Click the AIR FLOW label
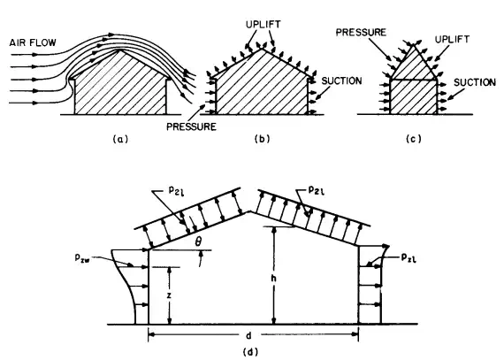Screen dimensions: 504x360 pyautogui.click(x=33, y=42)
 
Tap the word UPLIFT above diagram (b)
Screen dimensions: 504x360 pyautogui.click(x=263, y=25)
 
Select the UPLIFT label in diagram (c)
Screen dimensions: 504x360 pyautogui.click(x=452, y=39)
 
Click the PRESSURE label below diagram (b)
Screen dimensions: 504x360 pyautogui.click(x=191, y=126)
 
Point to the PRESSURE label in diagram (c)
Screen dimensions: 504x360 pyautogui.click(x=361, y=32)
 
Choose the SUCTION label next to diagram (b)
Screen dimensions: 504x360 pyautogui.click(x=341, y=80)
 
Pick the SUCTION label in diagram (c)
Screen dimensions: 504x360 pyautogui.click(x=475, y=82)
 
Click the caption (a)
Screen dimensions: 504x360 pyautogui.click(x=120, y=139)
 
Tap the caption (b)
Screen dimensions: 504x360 pyautogui.click(x=263, y=139)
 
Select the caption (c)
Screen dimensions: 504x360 pyautogui.click(x=414, y=139)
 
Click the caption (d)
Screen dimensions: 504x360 pyautogui.click(x=251, y=352)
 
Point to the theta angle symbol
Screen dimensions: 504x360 pyautogui.click(x=198, y=241)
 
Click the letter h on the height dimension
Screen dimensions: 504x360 pyautogui.click(x=273, y=278)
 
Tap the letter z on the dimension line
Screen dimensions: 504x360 pyautogui.click(x=169, y=295)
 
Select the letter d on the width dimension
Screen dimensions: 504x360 pyautogui.click(x=248, y=335)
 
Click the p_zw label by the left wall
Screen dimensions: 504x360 pyautogui.click(x=82, y=257)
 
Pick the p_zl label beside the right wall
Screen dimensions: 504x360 pyautogui.click(x=409, y=257)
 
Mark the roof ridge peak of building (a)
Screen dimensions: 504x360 pyautogui.click(x=120, y=50)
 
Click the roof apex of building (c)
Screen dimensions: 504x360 pyautogui.click(x=414, y=45)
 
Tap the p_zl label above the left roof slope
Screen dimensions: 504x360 pyautogui.click(x=177, y=191)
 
